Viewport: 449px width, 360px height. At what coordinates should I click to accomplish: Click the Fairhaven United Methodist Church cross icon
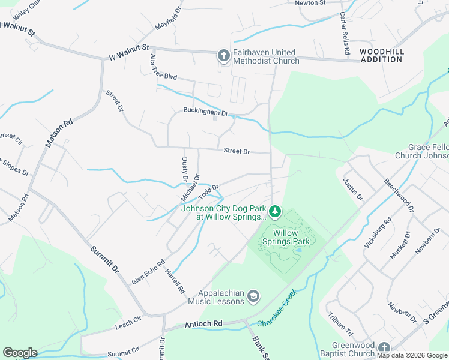pyautogui.click(x=223, y=56)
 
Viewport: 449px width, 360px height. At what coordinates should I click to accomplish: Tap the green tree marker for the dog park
pyautogui.click(x=274, y=211)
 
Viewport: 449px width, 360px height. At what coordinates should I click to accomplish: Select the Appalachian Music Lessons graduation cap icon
pyautogui.click(x=254, y=295)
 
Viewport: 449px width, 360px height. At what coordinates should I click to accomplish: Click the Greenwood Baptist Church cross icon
pyautogui.click(x=384, y=347)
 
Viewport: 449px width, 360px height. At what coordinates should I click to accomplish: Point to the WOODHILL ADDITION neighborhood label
pyautogui.click(x=382, y=56)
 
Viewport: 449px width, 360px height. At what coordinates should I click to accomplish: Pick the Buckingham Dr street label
pyautogui.click(x=206, y=112)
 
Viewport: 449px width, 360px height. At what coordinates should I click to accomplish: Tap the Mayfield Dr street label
pyautogui.click(x=168, y=19)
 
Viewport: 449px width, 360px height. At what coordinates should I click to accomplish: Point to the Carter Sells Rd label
pyautogui.click(x=344, y=34)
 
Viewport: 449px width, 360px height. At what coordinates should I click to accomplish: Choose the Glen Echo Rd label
pyautogui.click(x=148, y=272)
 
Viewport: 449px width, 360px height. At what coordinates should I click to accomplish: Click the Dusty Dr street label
pyautogui.click(x=185, y=169)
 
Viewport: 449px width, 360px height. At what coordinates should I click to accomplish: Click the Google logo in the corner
pyautogui.click(x=20, y=353)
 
